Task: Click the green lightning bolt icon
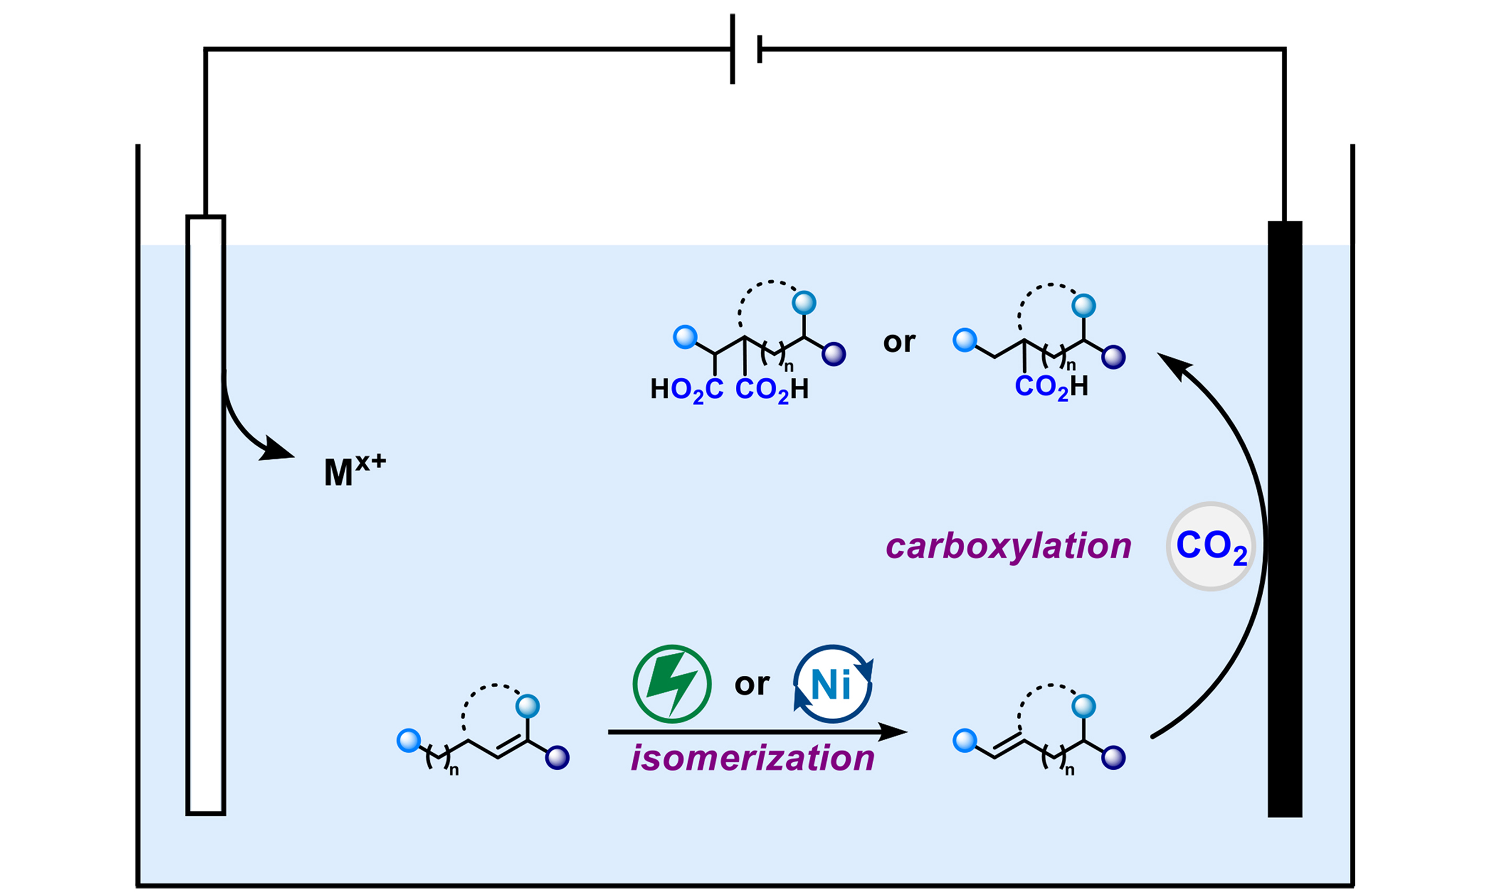672,684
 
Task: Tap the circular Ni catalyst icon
832,684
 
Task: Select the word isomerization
752,758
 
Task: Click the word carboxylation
1008,547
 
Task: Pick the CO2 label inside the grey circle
1211,547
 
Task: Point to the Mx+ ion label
354,471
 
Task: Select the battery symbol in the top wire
746,49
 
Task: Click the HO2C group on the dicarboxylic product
686,390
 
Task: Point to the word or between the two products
899,342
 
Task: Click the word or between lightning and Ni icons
752,684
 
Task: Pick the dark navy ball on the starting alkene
557,757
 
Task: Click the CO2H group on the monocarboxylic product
1052,386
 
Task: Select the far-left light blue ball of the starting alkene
409,740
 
